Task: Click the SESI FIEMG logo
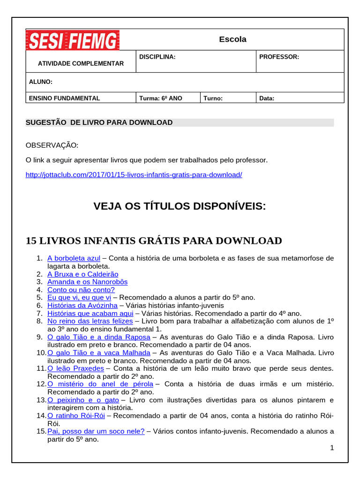point(73,40)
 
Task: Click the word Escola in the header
point(232,39)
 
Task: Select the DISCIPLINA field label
point(157,57)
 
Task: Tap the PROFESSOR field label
point(279,57)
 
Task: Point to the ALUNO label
point(41,82)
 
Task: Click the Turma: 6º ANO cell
point(161,98)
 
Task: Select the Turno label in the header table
point(213,98)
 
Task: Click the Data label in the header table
point(267,98)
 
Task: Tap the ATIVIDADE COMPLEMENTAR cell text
point(81,63)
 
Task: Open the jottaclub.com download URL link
point(134,175)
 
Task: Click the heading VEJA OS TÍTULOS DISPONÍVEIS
point(180,206)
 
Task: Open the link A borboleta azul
point(74,258)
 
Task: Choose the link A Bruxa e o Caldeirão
point(82,274)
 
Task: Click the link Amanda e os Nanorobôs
point(87,282)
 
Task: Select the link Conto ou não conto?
point(81,290)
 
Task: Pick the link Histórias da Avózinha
point(82,306)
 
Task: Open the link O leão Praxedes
point(75,368)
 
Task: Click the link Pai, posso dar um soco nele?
point(96,432)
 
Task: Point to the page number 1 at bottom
point(332,448)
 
